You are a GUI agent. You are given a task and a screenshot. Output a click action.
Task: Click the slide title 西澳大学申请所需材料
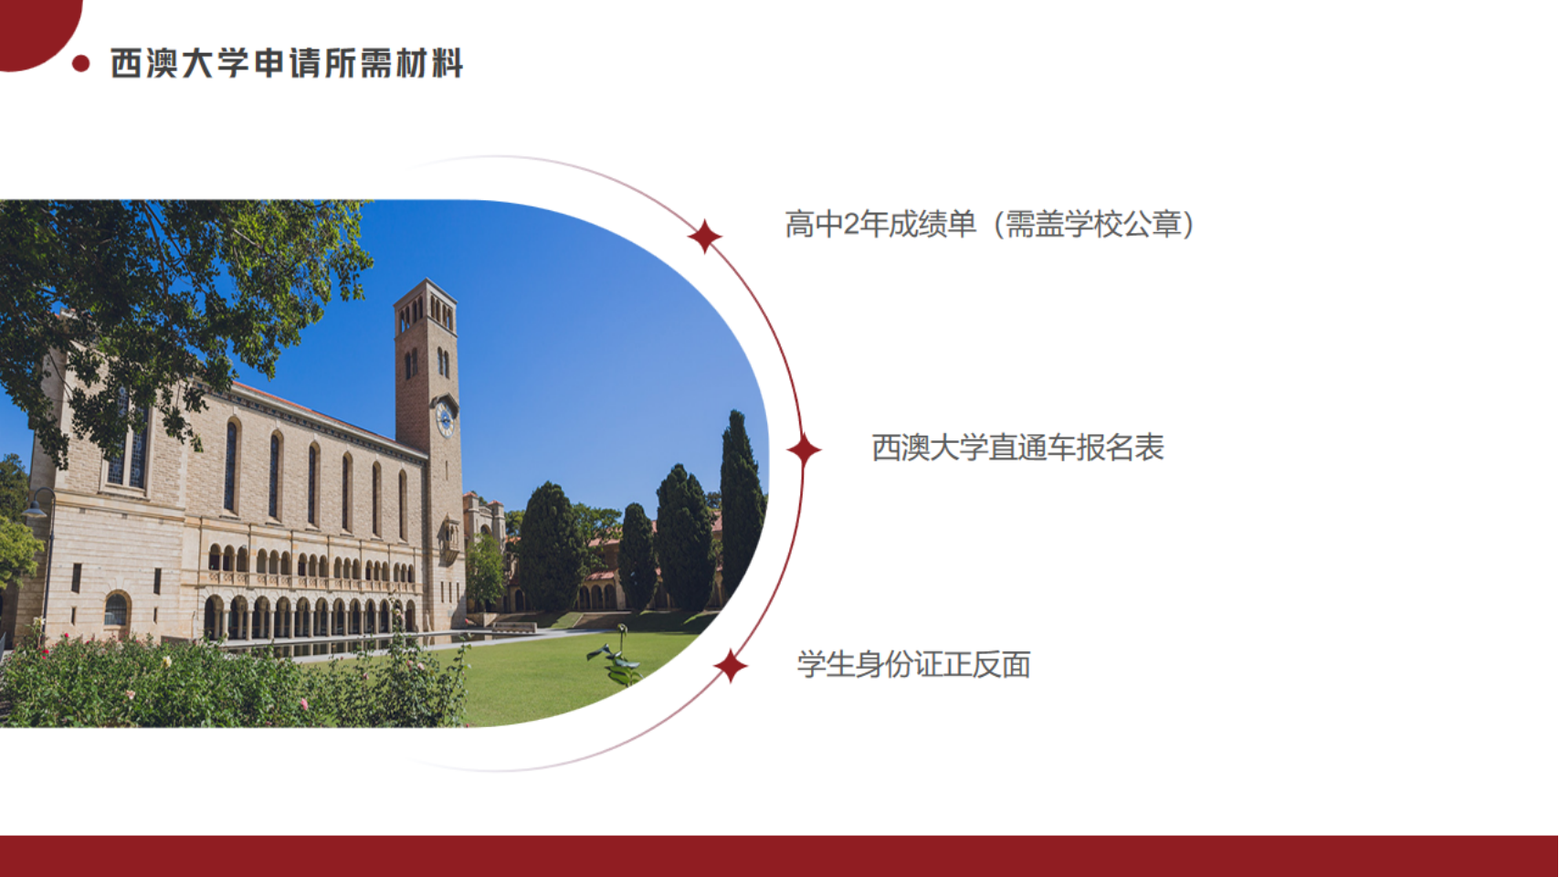tap(287, 63)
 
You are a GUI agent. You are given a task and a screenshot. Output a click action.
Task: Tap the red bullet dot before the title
tap(80, 63)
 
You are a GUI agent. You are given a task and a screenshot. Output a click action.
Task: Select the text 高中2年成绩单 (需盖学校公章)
tap(990, 224)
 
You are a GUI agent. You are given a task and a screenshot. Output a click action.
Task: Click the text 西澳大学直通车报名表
tap(1017, 448)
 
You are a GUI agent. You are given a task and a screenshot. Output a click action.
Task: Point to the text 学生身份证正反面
tap(914, 664)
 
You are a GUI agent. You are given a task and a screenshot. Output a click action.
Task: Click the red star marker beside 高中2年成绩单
tap(704, 236)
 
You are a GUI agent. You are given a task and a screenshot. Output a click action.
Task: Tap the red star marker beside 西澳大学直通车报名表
tap(804, 449)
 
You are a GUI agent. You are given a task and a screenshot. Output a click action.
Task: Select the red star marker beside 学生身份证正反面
tap(730, 666)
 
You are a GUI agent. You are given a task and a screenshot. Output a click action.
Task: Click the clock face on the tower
tap(444, 419)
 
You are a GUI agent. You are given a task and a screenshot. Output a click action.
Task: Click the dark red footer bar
tap(780, 856)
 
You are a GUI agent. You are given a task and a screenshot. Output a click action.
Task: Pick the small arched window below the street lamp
tap(116, 611)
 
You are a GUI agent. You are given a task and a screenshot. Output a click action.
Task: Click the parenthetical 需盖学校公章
tap(1094, 224)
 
